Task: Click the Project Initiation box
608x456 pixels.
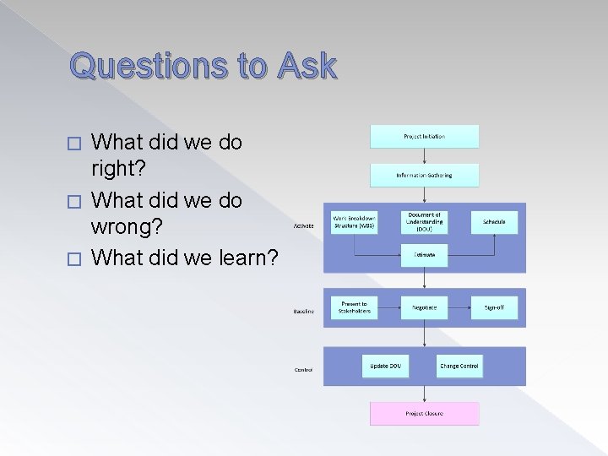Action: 424,136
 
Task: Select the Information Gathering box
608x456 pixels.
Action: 424,175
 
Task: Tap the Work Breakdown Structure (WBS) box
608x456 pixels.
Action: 354,222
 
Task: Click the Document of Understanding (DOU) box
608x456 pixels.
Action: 424,222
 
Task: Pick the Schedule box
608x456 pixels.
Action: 494,222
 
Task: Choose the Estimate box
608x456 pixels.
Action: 424,254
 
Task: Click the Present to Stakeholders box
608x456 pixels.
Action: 354,307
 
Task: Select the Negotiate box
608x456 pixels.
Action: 424,307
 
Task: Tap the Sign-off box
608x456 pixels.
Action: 494,307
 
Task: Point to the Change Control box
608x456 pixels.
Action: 459,366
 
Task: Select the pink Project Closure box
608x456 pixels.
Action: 424,413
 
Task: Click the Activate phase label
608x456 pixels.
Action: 304,226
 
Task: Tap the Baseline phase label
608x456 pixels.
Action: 304,312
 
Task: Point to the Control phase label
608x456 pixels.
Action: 304,370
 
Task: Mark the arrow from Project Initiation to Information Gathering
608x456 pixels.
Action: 424,155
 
